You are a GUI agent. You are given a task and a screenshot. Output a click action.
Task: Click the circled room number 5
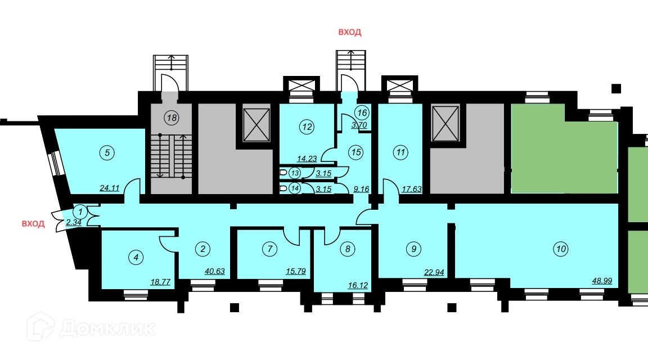(x=105, y=151)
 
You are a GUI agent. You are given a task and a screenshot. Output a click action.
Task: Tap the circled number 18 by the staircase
(x=170, y=118)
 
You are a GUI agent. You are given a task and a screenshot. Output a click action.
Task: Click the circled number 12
(x=306, y=127)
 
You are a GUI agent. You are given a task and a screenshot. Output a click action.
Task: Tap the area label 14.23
(x=308, y=159)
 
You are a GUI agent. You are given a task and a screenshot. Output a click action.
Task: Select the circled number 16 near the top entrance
(x=362, y=112)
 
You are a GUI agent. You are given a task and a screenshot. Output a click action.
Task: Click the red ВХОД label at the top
(x=349, y=32)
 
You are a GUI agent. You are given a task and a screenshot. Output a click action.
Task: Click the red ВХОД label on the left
(x=33, y=224)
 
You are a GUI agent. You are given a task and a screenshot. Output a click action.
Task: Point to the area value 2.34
(x=74, y=223)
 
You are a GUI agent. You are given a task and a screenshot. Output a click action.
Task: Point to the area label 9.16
(x=361, y=190)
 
